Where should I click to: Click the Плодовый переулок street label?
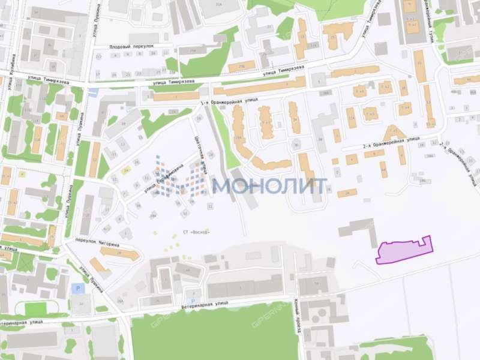[x=132, y=46]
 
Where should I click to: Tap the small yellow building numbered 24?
[x=126, y=171]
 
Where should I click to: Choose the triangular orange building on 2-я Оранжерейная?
[x=394, y=134]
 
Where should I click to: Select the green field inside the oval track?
[x=36, y=308]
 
